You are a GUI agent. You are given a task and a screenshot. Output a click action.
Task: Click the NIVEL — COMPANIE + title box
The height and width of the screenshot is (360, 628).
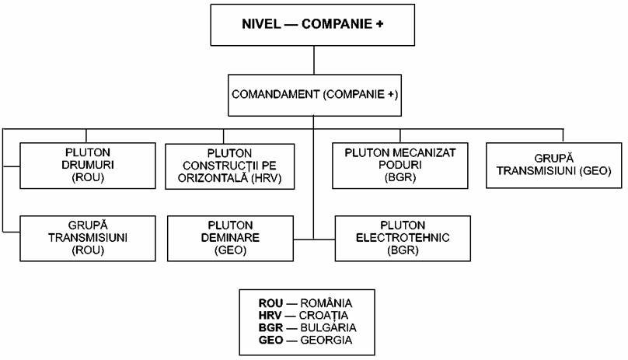[312, 25]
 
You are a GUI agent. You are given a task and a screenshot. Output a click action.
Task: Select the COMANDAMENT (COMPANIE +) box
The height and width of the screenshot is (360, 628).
[315, 96]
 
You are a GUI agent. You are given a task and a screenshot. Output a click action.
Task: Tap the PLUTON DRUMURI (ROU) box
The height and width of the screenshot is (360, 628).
[88, 166]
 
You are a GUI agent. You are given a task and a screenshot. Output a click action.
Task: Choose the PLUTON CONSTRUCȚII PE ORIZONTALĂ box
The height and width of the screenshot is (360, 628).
[230, 166]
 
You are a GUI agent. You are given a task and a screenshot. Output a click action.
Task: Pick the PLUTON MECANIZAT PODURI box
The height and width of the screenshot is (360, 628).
[400, 166]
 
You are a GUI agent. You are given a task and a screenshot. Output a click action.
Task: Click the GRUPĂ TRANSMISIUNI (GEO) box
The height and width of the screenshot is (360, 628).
[554, 165]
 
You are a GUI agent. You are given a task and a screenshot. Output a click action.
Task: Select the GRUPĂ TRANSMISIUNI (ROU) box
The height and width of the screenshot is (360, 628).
[88, 239]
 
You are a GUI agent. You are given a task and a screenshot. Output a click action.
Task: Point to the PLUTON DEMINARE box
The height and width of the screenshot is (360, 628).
[230, 239]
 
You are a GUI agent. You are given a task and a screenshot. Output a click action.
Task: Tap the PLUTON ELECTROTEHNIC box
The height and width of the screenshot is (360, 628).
[403, 239]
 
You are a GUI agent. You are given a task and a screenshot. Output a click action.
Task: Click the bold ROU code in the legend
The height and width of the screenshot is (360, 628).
[270, 303]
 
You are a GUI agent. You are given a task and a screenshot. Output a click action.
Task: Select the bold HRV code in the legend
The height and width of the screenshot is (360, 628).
[270, 316]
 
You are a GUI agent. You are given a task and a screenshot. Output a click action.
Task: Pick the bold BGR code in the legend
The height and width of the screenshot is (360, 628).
[270, 328]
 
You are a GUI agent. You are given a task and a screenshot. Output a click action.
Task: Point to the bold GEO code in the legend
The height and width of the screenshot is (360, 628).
[270, 341]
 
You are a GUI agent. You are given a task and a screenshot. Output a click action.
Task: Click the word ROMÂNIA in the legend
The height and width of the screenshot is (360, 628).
[326, 302]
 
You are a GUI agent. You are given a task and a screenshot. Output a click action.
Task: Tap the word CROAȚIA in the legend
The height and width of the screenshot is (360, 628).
[323, 316]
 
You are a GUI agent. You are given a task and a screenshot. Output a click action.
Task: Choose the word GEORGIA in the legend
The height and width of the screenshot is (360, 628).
[326, 341]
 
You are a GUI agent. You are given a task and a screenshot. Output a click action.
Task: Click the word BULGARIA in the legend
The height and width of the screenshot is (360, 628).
[328, 328]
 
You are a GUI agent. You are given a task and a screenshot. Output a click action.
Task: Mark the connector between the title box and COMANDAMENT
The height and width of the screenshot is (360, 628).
[314, 60]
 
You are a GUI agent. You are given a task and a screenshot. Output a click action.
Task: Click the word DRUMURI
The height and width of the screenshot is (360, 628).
[88, 165]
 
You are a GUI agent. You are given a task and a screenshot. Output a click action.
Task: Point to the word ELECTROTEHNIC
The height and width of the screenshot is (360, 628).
[403, 238]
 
